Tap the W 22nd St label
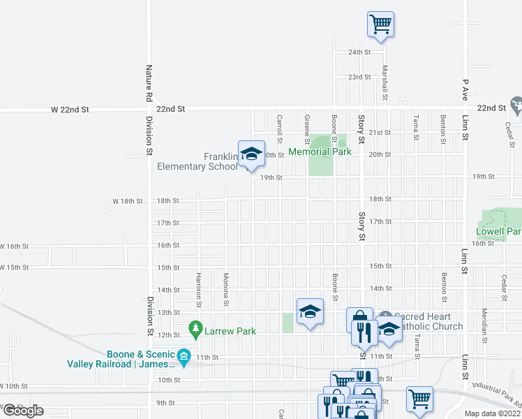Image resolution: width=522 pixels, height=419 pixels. [x=70, y=110]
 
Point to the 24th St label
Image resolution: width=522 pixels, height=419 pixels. [x=359, y=52]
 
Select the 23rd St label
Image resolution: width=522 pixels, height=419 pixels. [x=359, y=77]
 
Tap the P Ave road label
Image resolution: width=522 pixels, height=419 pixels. [x=464, y=89]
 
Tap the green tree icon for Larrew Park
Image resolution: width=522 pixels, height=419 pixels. [x=197, y=328]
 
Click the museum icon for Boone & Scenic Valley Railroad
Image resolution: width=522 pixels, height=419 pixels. [x=184, y=356]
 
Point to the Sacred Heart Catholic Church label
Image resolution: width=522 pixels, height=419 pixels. [x=428, y=321]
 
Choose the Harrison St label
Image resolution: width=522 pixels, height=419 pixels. [x=199, y=289]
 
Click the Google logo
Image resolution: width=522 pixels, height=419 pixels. [x=22, y=411]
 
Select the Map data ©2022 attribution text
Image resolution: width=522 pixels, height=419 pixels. [x=493, y=413]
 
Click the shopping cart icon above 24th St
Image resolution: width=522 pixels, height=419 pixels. [x=381, y=24]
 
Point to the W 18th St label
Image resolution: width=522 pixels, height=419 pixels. [x=128, y=201]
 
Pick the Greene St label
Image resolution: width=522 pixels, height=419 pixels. [x=306, y=125]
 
